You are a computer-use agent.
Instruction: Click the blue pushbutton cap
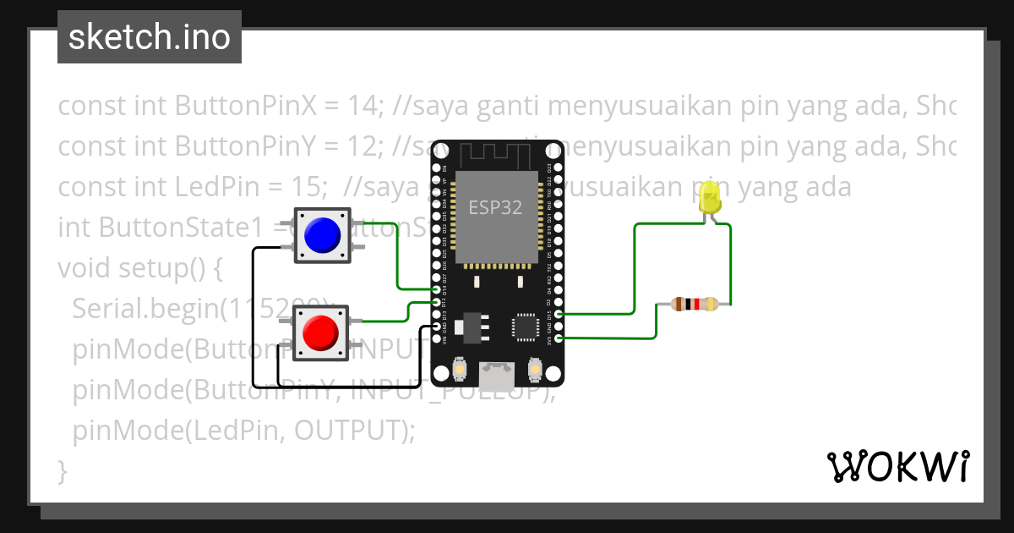point(322,234)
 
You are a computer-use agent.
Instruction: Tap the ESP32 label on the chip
point(495,207)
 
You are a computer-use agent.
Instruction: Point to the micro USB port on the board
point(497,374)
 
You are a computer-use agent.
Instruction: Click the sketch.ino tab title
point(150,37)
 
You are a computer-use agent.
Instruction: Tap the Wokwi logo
point(897,466)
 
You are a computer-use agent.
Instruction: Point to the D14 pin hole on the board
point(438,289)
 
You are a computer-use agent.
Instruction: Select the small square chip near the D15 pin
point(525,327)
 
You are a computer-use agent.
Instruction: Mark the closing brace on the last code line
point(62,470)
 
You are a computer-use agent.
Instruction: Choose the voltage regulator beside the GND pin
point(469,327)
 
